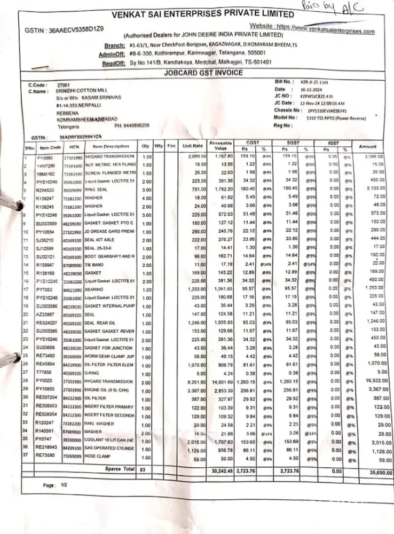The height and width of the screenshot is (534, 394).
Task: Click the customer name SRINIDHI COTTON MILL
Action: (x=84, y=92)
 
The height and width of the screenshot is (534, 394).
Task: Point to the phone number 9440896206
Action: (x=132, y=125)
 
